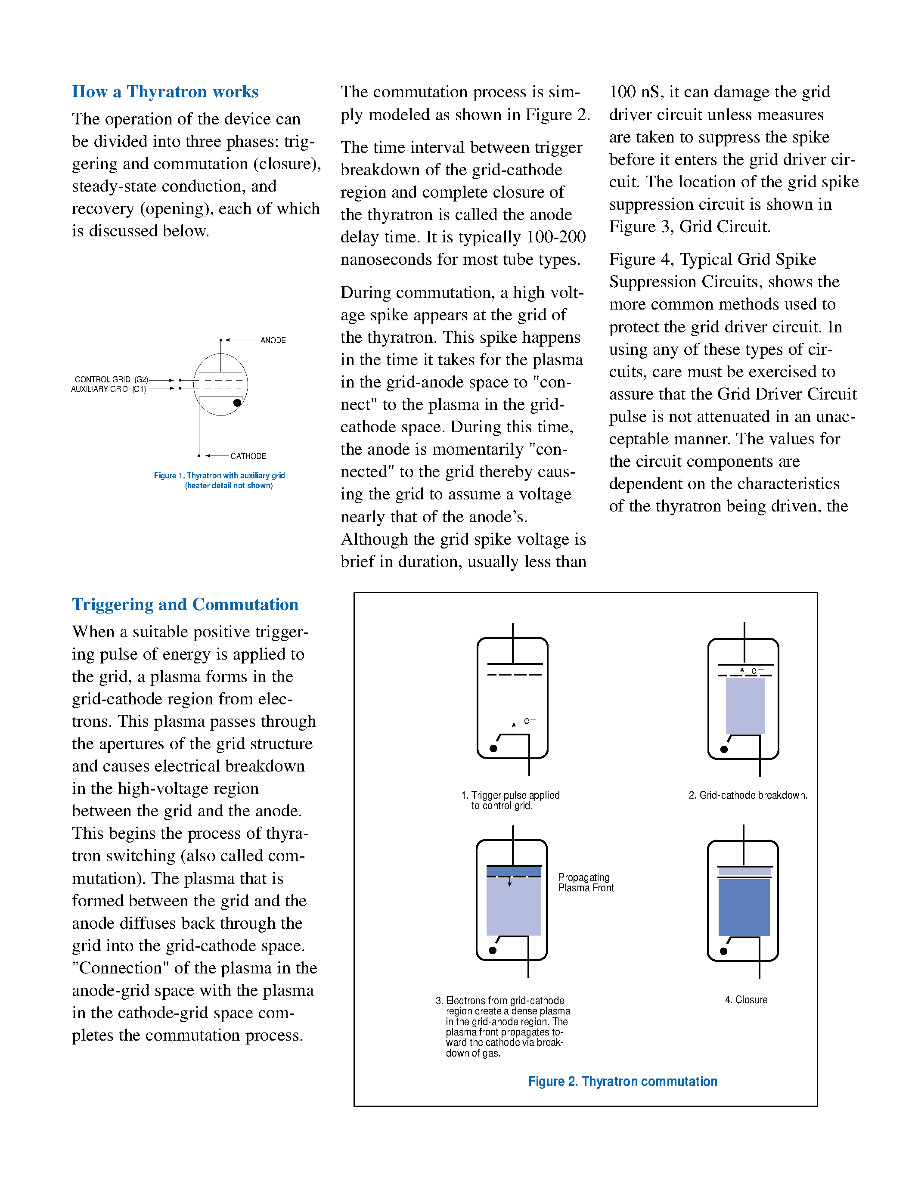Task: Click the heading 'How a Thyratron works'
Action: pyautogui.click(x=165, y=92)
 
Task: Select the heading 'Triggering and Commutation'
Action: pyautogui.click(x=185, y=604)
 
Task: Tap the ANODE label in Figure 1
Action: pyautogui.click(x=273, y=341)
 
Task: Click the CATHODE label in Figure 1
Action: pyautogui.click(x=248, y=456)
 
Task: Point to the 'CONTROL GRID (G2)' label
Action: pyautogui.click(x=111, y=379)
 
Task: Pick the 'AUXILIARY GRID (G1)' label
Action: pyautogui.click(x=109, y=389)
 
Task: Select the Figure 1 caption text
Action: pyautogui.click(x=220, y=480)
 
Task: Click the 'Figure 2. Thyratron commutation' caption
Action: pyautogui.click(x=622, y=1082)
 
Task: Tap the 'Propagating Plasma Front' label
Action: pyautogui.click(x=586, y=883)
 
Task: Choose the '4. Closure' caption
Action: pyautogui.click(x=746, y=1000)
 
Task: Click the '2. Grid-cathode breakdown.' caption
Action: pyautogui.click(x=748, y=795)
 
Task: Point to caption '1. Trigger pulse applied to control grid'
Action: pyautogui.click(x=510, y=800)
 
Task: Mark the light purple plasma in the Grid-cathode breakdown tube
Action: pyautogui.click(x=745, y=706)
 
